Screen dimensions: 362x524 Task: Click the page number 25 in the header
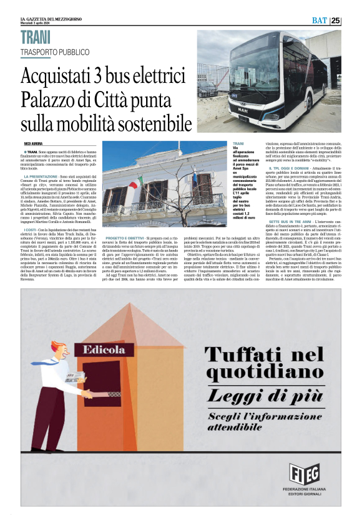tap(353, 20)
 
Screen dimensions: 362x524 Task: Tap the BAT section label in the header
tap(335, 20)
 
